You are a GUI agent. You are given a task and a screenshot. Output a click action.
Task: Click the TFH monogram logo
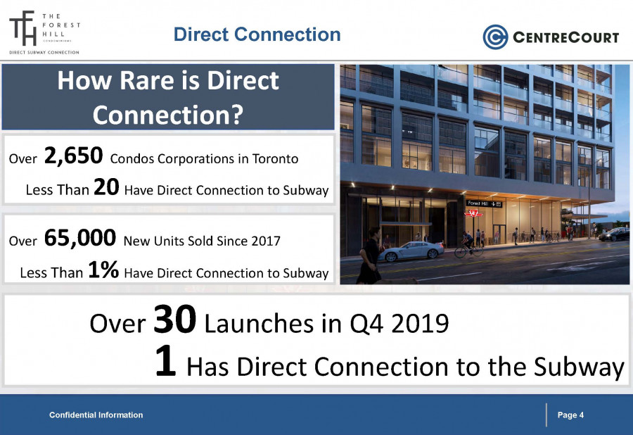[23, 28]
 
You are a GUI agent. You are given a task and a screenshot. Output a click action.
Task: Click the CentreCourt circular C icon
[495, 37]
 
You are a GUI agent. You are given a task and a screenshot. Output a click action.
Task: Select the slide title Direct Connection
[257, 34]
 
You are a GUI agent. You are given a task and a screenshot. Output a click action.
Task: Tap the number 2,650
[73, 156]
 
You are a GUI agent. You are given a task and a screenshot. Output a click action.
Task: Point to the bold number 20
[107, 187]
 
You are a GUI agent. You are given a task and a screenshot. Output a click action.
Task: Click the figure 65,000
[80, 238]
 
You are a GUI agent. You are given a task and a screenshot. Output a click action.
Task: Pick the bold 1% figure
[103, 270]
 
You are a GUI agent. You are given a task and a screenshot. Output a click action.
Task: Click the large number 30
[175, 320]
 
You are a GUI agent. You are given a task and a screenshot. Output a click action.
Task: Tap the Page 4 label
[570, 415]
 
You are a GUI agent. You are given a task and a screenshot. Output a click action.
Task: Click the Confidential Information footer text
[96, 415]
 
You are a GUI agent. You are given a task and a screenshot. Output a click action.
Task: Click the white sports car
[411, 251]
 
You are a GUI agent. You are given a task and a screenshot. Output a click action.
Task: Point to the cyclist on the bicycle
[468, 245]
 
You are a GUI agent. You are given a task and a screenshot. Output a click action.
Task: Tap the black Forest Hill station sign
[484, 203]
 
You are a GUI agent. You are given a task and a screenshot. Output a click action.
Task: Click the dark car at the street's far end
[613, 234]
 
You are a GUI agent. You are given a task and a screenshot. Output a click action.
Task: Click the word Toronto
[275, 159]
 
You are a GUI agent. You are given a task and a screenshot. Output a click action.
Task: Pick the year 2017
[266, 241]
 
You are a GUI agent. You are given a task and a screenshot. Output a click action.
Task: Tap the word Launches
[259, 324]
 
